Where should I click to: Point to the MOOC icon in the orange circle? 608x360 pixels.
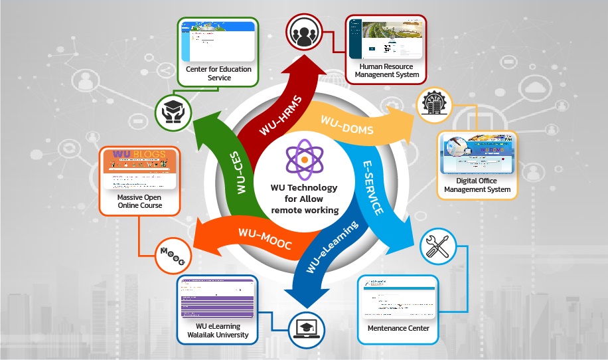tap(174, 254)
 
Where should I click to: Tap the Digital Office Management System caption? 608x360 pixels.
tap(477, 185)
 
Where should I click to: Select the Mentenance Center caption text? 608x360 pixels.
tap(398, 328)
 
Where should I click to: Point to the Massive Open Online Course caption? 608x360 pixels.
tap(139, 201)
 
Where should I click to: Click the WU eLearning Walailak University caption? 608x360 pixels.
tap(218, 331)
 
